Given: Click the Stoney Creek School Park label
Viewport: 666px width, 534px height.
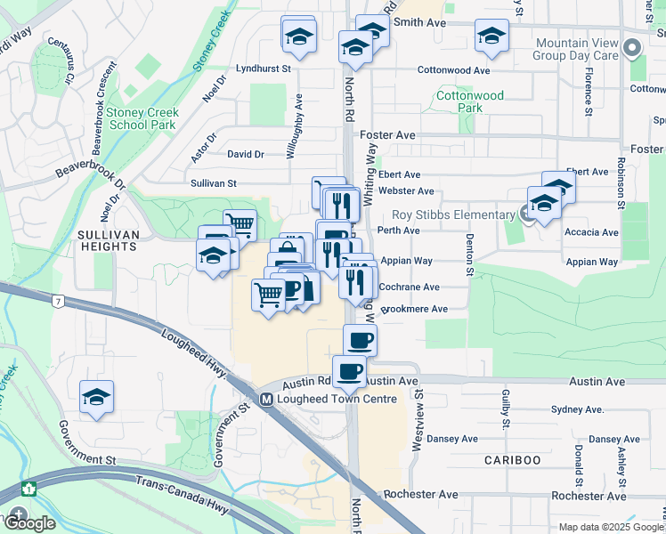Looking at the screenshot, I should click(142, 118).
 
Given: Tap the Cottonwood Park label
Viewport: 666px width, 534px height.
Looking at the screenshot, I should click(469, 101).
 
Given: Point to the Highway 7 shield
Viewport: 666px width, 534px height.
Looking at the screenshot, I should click(57, 303).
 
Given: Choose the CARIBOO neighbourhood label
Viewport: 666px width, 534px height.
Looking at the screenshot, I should click(512, 459).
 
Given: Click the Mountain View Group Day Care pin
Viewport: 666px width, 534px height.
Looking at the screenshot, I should click(634, 49).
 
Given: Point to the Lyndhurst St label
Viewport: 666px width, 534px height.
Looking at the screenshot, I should click(264, 68).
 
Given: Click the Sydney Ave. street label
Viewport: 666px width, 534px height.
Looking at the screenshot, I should click(577, 409).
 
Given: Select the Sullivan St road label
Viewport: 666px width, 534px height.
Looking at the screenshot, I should click(213, 183).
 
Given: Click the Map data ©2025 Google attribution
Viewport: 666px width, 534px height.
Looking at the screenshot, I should click(610, 527).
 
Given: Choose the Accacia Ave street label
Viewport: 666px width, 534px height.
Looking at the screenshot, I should click(591, 232).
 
